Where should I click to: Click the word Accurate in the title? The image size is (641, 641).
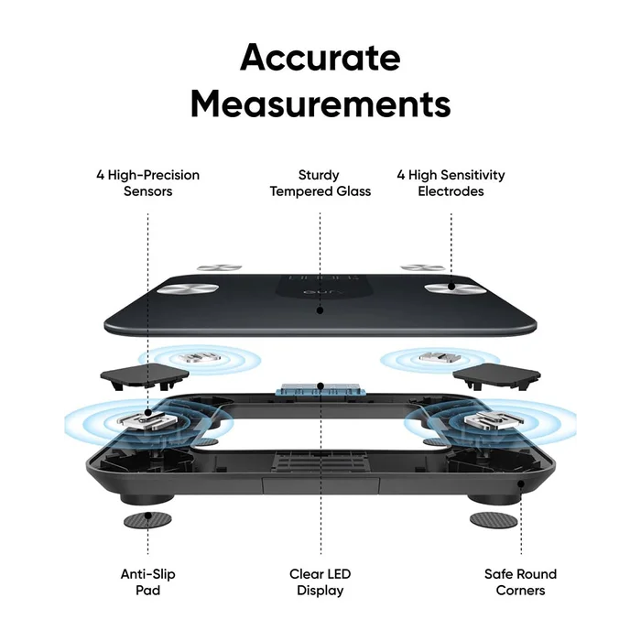(320, 58)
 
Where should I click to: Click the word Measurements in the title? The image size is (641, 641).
(320, 103)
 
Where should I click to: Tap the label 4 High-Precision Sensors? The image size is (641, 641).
(148, 183)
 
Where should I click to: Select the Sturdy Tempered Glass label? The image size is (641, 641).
(320, 183)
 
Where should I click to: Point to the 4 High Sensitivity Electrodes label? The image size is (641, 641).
(451, 183)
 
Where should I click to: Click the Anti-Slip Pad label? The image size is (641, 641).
(148, 582)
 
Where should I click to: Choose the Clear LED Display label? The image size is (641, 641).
(320, 582)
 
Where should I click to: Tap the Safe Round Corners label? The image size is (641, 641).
(520, 582)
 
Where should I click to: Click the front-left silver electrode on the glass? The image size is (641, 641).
(189, 288)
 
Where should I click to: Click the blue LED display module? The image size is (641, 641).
(320, 390)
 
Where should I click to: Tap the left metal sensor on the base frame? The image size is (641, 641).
(147, 419)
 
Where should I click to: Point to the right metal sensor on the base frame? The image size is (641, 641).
(494, 419)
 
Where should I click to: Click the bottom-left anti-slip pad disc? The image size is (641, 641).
(147, 520)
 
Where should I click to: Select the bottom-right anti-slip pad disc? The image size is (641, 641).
(494, 520)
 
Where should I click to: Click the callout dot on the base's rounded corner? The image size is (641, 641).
(521, 484)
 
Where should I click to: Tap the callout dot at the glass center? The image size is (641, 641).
(320, 310)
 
